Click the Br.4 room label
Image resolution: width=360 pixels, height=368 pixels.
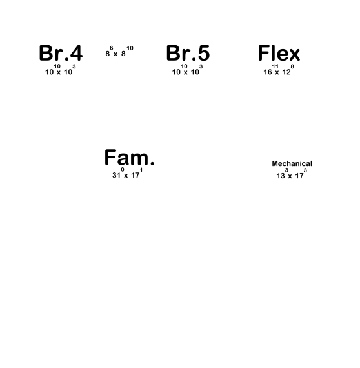(x=61, y=53)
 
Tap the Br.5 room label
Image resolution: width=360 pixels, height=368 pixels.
(x=188, y=53)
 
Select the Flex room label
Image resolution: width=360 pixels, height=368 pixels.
(x=279, y=53)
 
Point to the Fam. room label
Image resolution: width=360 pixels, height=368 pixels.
(x=129, y=158)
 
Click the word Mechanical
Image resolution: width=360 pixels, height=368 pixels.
(x=292, y=163)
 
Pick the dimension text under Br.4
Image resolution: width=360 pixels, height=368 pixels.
(x=61, y=70)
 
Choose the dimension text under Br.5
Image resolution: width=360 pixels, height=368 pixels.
(x=187, y=70)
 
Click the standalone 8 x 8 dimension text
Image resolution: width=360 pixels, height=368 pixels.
(x=119, y=52)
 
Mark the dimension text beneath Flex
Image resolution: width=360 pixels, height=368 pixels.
(x=279, y=70)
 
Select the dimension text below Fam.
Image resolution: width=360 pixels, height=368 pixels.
(x=127, y=173)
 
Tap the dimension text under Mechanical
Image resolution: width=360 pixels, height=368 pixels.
(x=292, y=174)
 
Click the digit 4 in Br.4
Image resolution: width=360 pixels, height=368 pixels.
(x=76, y=53)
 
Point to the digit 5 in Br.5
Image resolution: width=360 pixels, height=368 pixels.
(x=204, y=54)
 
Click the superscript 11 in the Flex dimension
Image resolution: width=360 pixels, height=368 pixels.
(x=275, y=66)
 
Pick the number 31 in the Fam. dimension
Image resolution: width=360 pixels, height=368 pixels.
(x=116, y=176)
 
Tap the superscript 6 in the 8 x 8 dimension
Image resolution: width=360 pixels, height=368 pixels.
(x=112, y=48)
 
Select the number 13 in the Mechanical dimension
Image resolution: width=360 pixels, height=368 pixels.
(x=281, y=176)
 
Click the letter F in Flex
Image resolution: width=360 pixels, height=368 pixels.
(x=263, y=53)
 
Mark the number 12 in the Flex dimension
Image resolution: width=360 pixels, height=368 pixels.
(x=286, y=72)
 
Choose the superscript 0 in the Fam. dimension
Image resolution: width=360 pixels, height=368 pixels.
(x=123, y=170)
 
